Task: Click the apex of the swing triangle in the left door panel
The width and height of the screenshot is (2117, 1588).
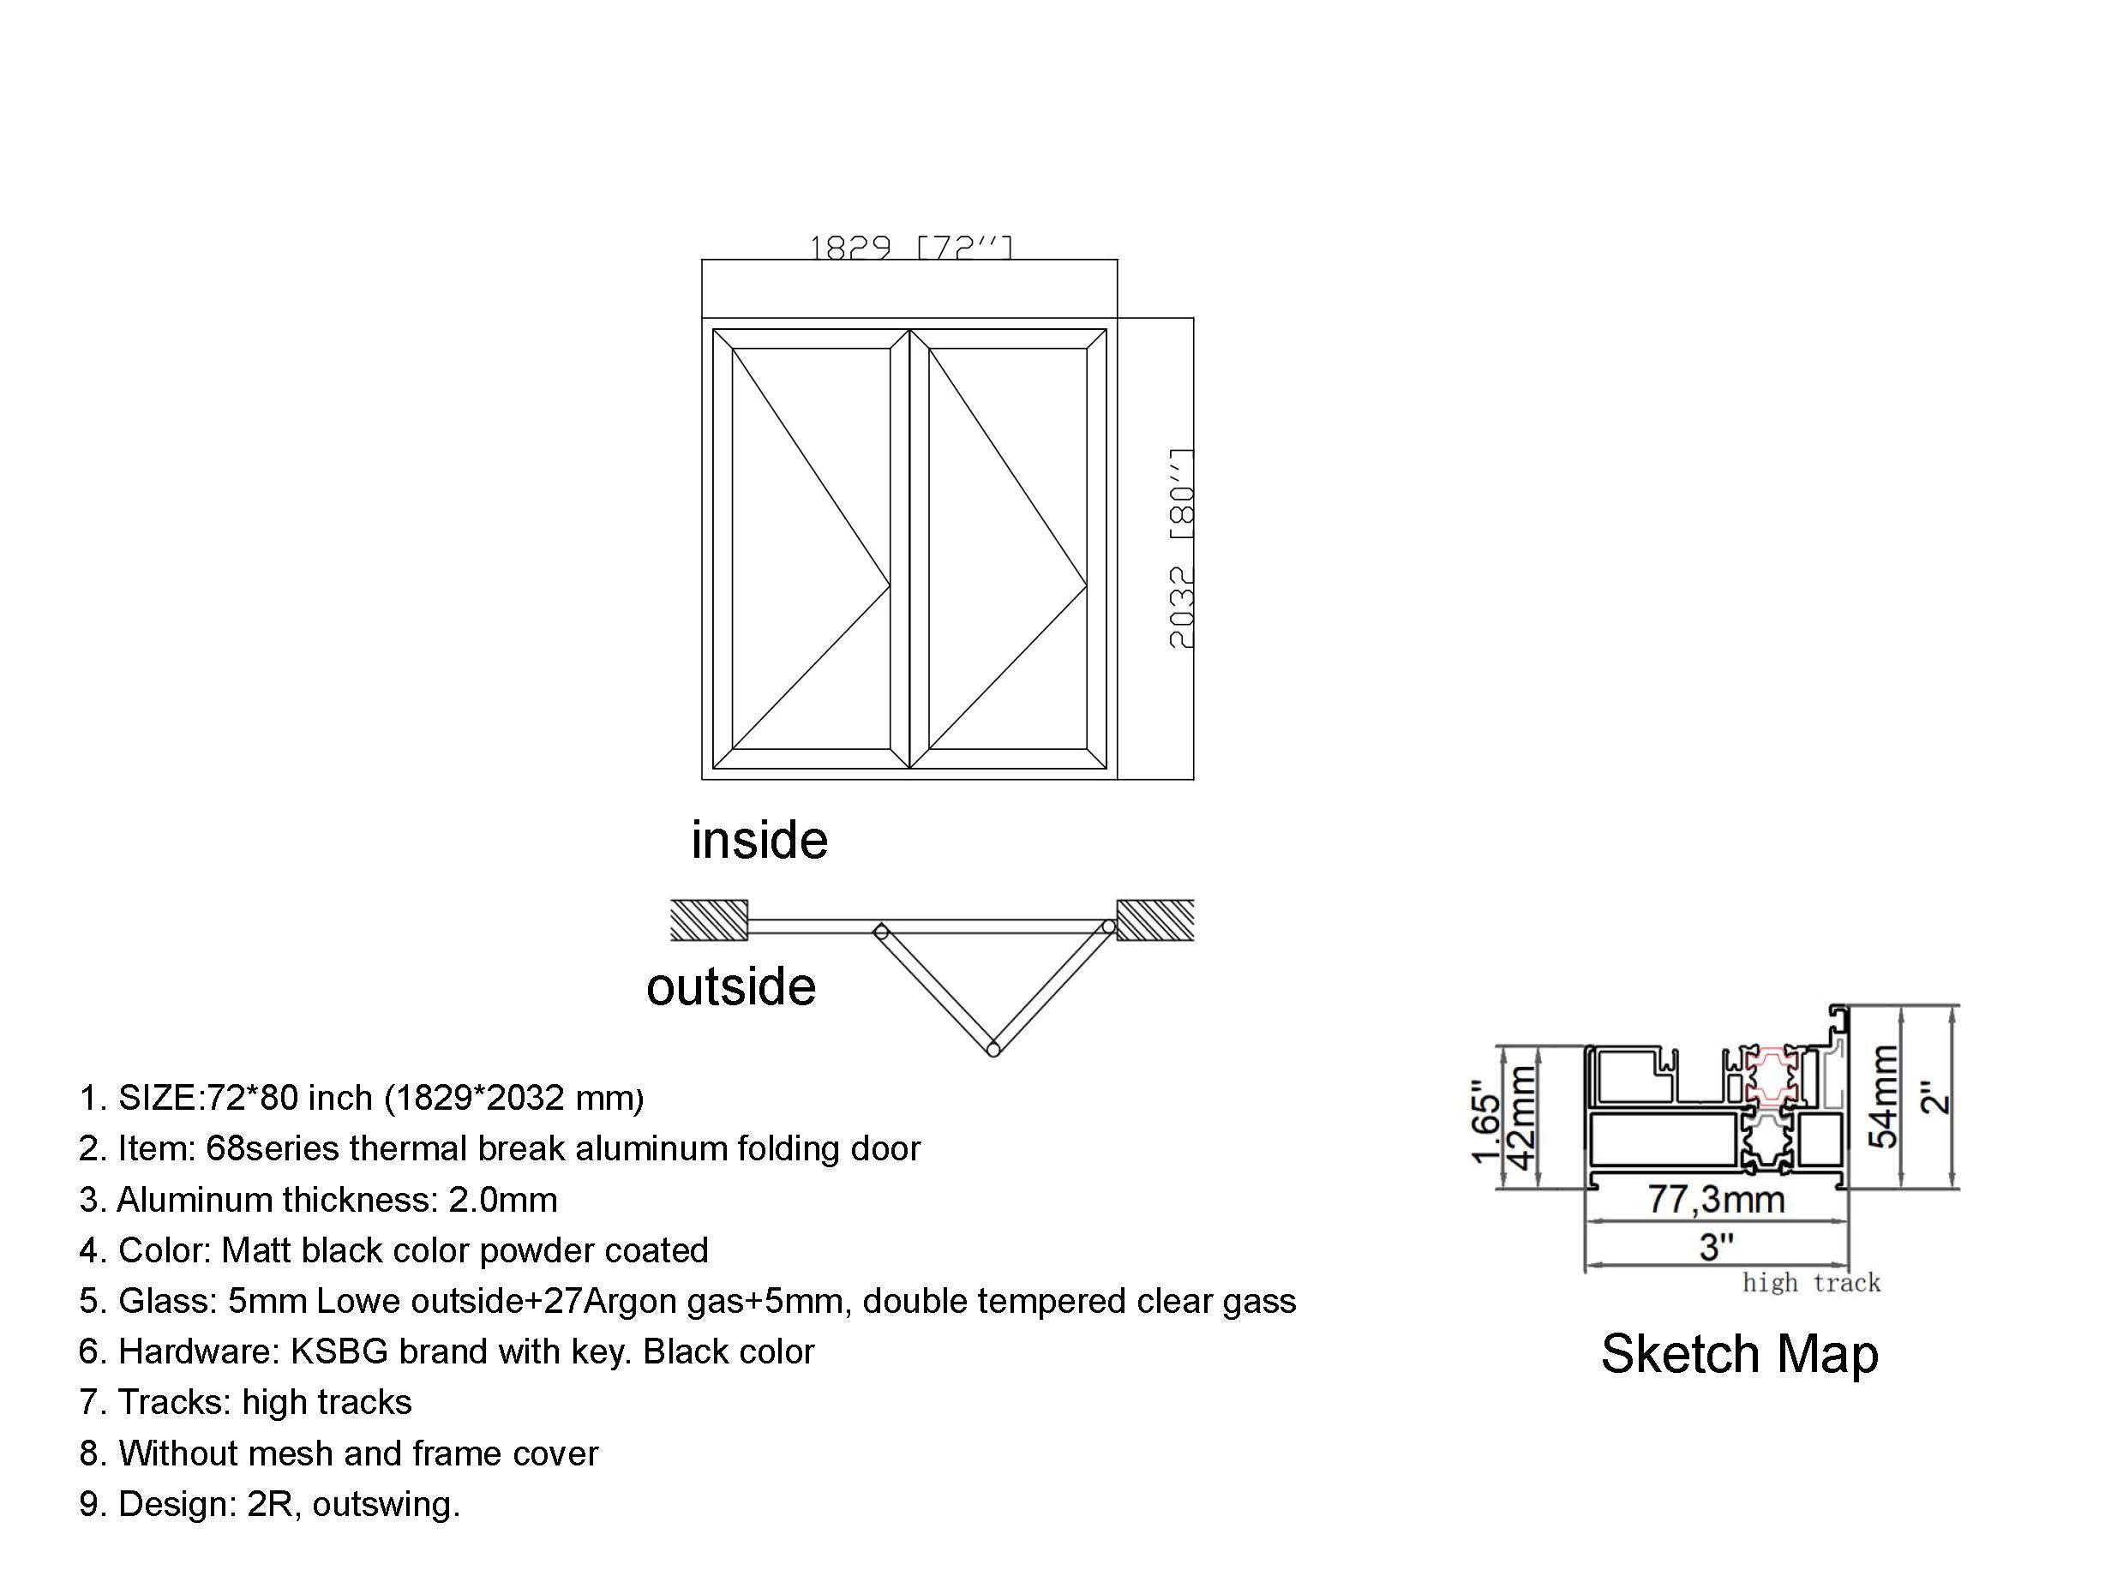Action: tap(890, 584)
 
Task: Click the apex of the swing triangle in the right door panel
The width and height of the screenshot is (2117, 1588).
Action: tap(1087, 584)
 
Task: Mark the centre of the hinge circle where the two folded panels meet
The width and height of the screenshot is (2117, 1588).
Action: tap(993, 1050)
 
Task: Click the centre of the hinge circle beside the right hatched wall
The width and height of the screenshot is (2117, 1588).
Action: tap(1109, 926)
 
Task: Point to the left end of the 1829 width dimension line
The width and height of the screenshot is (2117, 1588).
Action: tap(703, 260)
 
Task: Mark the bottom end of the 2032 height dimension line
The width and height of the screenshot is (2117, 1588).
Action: tap(1193, 779)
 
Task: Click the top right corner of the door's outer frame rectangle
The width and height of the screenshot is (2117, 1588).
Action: tap(1117, 318)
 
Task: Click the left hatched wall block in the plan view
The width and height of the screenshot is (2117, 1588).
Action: tap(708, 920)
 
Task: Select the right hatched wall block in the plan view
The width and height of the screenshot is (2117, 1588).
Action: tap(1155, 920)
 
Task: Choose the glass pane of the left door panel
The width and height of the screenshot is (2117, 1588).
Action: tap(812, 548)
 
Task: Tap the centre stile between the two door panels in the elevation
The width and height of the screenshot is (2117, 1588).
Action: tap(909, 548)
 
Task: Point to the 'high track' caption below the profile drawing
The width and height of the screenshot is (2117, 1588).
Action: tap(1811, 1283)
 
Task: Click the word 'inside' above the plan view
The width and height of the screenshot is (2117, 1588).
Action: tap(759, 840)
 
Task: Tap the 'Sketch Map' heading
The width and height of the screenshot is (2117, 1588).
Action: tap(1739, 1353)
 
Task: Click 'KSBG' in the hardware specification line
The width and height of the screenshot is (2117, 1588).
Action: tap(339, 1351)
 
